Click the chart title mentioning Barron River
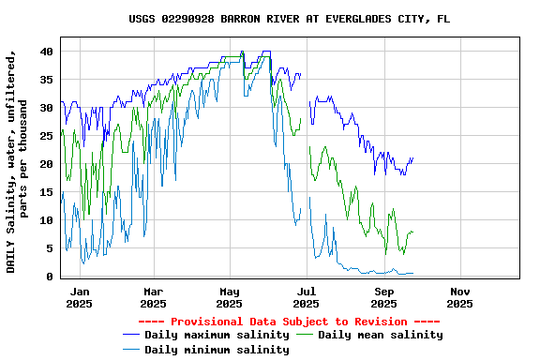tap(289, 19)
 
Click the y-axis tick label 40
tap(46, 52)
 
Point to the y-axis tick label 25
tap(46, 136)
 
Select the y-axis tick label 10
tap(46, 220)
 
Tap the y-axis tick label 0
tap(50, 277)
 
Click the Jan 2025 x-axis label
tap(79, 297)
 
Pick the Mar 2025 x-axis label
tap(153, 297)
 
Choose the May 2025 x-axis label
tap(229, 297)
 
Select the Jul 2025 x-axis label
tap(306, 297)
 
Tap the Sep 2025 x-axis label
tap(383, 297)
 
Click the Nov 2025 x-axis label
tap(459, 297)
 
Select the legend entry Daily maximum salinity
tap(217, 335)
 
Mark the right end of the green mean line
tap(412, 232)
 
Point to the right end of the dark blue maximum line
tap(412, 158)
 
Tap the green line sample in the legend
tap(305, 335)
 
